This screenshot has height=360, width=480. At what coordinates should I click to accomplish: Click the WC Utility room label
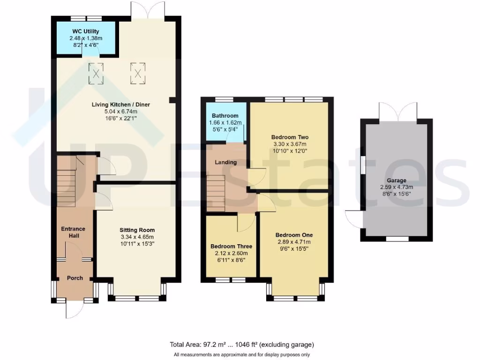(x=85, y=31)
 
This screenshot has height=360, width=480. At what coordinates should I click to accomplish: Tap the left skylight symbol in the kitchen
(x=96, y=74)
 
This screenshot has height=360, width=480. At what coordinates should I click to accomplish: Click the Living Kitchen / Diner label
(x=120, y=105)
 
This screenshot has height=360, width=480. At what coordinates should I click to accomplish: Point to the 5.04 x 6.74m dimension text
(x=120, y=112)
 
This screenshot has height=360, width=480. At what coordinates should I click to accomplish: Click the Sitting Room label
(x=137, y=230)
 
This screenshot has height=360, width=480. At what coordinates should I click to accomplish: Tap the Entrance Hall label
(x=73, y=232)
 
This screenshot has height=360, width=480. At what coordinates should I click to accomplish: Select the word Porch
(x=75, y=278)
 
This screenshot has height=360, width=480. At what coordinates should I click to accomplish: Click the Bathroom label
(x=225, y=116)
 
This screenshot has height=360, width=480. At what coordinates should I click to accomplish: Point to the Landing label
(x=225, y=162)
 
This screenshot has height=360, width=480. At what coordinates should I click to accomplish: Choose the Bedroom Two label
(x=290, y=137)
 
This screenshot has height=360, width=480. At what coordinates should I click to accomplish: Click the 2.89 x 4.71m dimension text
(x=294, y=242)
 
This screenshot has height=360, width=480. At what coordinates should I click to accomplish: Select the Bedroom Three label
(x=231, y=247)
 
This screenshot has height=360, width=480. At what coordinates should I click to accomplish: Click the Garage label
(x=396, y=180)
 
